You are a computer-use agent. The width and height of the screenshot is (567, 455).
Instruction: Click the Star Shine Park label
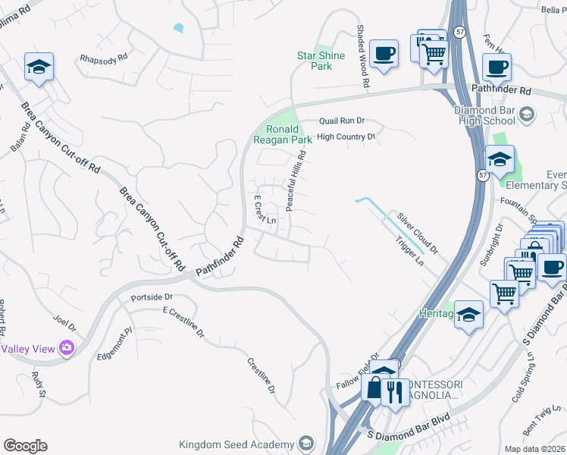321,61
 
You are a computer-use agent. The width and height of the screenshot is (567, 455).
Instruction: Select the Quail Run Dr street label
342,120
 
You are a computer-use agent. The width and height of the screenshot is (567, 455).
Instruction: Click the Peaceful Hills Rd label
294,175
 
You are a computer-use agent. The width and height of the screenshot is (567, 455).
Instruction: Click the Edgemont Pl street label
114,344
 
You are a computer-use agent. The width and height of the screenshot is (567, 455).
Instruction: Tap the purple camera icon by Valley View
67,348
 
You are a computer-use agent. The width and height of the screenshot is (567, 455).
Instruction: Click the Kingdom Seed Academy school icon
305,444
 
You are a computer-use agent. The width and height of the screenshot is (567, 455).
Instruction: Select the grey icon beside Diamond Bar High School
526,115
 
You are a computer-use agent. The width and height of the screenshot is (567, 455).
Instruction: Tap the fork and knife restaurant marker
393,392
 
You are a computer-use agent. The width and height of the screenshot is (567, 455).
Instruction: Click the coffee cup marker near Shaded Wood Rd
385,53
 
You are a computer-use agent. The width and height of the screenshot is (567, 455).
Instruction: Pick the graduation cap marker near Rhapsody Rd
38,67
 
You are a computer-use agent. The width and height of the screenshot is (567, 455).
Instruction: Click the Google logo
25,446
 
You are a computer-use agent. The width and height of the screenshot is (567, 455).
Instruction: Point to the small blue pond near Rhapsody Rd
178,28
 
